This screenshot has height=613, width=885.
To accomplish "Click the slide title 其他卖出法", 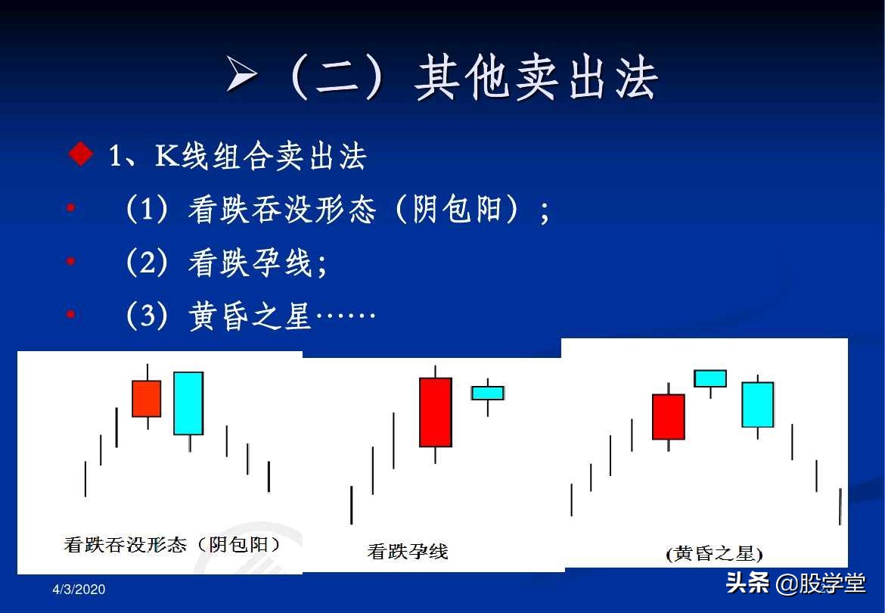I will pyautogui.click(x=536, y=78).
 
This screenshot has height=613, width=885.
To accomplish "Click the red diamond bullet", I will pyautogui.click(x=80, y=154).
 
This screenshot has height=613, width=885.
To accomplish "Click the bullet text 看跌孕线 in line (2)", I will pyautogui.click(x=250, y=263).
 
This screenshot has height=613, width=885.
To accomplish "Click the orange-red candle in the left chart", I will pyautogui.click(x=146, y=398).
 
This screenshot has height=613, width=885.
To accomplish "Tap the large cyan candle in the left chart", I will pyautogui.click(x=188, y=403).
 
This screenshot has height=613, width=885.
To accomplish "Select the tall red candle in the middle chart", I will pyautogui.click(x=435, y=412).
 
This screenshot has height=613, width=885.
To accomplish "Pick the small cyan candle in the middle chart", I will pyautogui.click(x=487, y=393).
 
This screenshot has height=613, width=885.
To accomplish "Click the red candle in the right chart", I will pyautogui.click(x=668, y=416).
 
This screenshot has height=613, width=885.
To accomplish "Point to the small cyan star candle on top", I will pyautogui.click(x=710, y=378).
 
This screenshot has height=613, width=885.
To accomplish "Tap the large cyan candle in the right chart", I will pyautogui.click(x=757, y=404).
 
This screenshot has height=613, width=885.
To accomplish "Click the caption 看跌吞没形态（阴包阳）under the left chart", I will pyautogui.click(x=172, y=543).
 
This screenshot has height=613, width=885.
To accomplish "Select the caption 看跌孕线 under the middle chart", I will pyautogui.click(x=408, y=550).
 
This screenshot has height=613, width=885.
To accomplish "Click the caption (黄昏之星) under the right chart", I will pyautogui.click(x=714, y=553).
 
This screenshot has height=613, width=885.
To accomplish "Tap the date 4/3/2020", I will pyautogui.click(x=79, y=589).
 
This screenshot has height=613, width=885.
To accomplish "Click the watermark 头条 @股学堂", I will pyautogui.click(x=796, y=583).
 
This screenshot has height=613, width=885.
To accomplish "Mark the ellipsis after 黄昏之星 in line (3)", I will pyautogui.click(x=346, y=315).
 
